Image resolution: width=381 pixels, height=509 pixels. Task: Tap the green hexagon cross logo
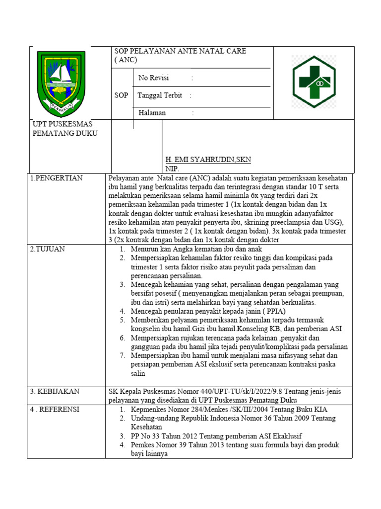point(314,82)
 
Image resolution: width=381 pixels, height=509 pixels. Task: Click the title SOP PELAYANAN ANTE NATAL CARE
point(180,51)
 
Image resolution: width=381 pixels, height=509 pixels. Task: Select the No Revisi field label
point(154,78)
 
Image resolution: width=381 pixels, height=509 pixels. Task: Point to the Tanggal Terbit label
point(160,95)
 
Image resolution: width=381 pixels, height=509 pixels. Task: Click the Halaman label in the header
point(152,113)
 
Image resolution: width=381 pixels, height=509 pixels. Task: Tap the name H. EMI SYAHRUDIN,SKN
point(208,160)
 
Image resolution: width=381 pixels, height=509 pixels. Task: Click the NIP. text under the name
point(172,169)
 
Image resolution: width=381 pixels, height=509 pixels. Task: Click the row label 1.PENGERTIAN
point(57,178)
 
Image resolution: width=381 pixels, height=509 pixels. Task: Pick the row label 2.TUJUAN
point(48,249)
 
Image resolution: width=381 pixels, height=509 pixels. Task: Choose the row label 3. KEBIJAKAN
point(55,392)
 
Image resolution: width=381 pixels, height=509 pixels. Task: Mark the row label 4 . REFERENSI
point(55,410)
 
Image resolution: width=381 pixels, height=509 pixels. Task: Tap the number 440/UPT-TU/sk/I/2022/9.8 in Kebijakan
point(229,392)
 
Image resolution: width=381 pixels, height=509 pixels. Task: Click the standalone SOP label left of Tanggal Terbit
point(121,95)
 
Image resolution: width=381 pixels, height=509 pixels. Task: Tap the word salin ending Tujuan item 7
point(138,373)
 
